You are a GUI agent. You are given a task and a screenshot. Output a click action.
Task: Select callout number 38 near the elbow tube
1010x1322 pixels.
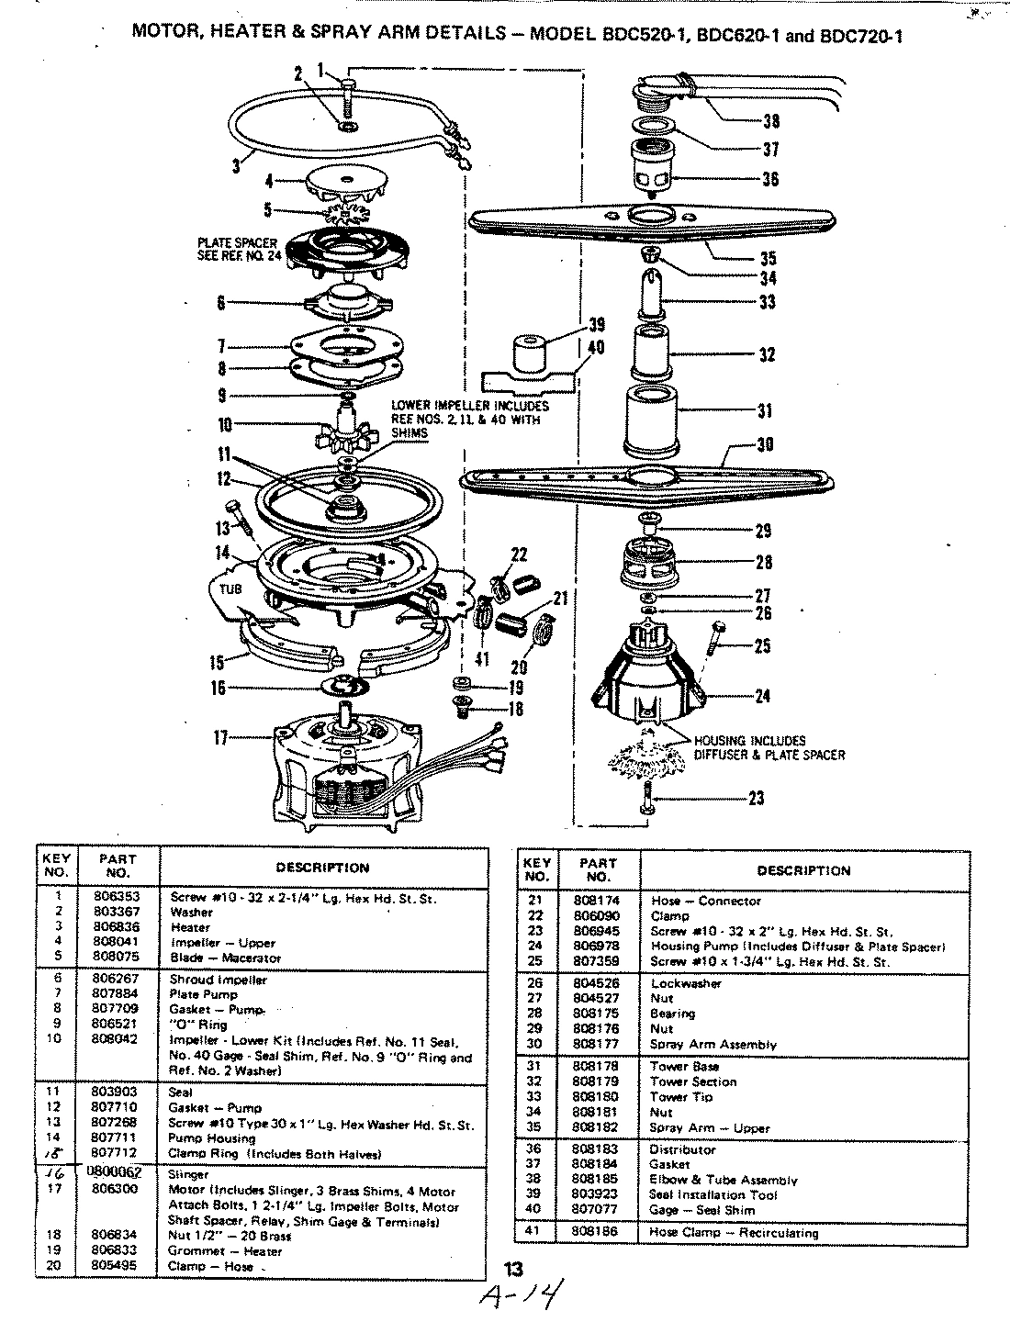[770, 119]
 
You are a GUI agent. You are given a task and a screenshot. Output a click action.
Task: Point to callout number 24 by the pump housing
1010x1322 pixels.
[763, 696]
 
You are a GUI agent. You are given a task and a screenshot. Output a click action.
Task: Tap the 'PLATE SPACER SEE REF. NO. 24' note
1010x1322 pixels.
[235, 250]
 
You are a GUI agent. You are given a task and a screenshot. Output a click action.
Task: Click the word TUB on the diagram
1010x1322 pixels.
[230, 589]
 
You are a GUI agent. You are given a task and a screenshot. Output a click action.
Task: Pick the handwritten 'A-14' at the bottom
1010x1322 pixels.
[521, 1296]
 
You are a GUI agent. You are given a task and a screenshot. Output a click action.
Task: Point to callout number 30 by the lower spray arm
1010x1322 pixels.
[764, 445]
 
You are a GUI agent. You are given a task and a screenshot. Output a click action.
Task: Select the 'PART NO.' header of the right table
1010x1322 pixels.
[597, 869]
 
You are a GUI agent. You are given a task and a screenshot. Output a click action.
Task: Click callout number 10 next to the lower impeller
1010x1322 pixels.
[225, 424]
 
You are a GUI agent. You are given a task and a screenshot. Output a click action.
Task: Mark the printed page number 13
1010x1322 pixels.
[514, 1270]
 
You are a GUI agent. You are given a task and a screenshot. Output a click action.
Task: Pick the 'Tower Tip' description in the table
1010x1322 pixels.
[681, 1096]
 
